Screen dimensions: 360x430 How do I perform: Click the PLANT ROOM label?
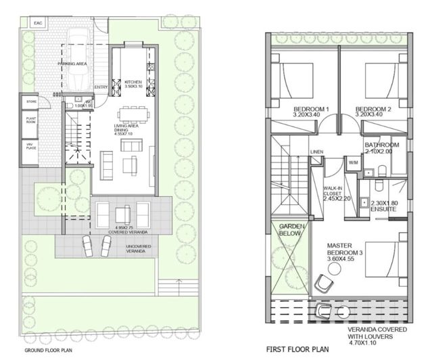click(31, 124)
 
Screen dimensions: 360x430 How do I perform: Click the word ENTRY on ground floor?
click(101, 87)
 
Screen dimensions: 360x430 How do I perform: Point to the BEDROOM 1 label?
click(311, 112)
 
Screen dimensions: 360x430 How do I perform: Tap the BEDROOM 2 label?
click(373, 112)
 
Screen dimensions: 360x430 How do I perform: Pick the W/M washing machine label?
click(353, 162)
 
